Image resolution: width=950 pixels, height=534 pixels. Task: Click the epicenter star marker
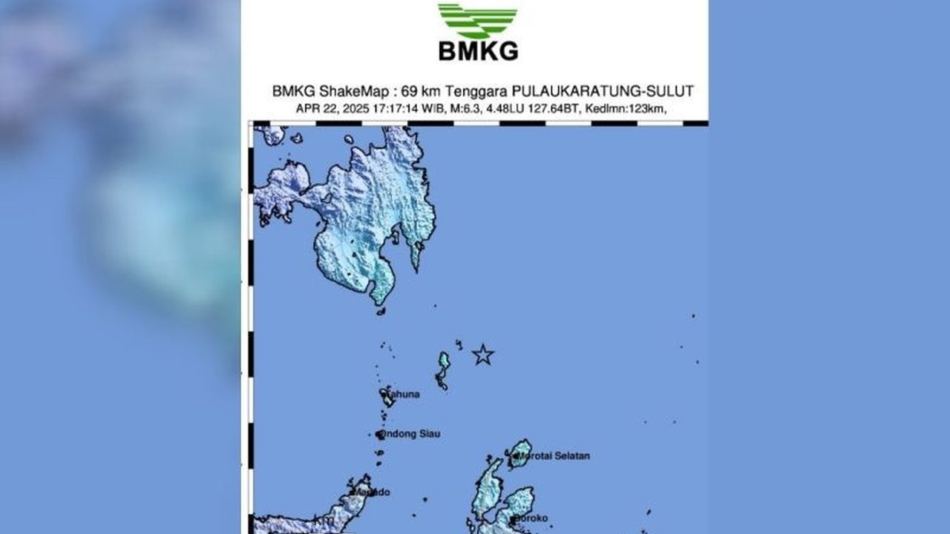pos(483,355)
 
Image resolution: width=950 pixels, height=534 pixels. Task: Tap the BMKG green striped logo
pos(478,21)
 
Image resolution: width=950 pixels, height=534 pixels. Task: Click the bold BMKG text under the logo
pos(478,51)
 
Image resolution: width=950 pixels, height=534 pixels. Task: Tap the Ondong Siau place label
pos(410,434)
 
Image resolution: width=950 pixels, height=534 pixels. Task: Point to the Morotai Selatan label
pos(557,456)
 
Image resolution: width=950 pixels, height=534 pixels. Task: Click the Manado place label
pos(373,492)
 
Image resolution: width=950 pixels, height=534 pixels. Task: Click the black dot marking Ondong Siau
pos(380,435)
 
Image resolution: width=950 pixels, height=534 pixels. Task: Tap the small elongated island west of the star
pos(443,370)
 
